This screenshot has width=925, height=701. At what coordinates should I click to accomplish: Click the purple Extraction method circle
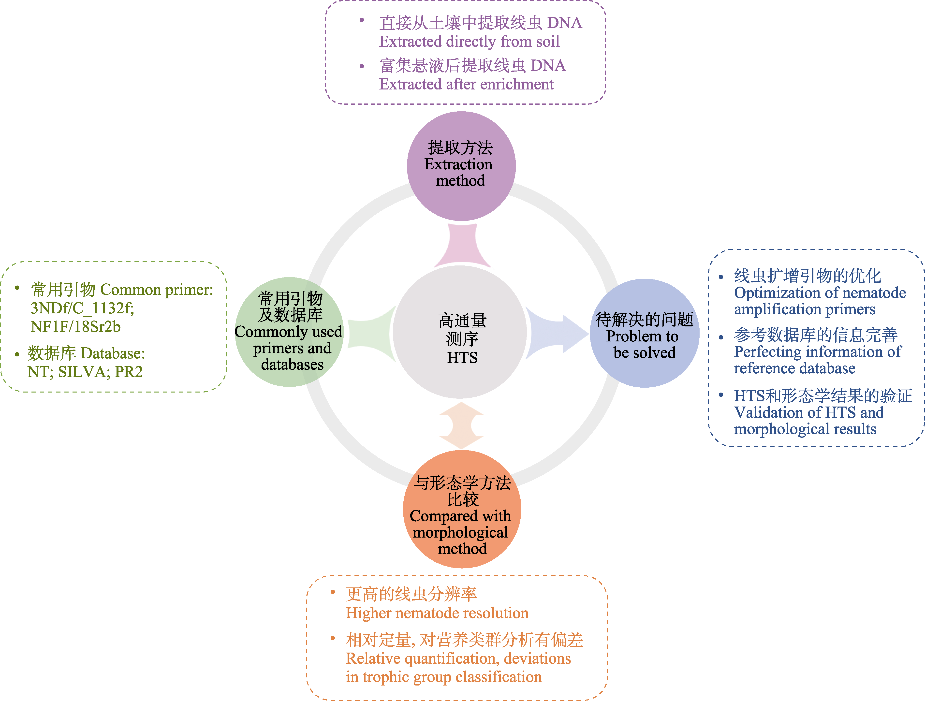[x=461, y=166]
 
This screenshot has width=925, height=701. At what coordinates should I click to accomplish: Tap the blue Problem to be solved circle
[x=645, y=333]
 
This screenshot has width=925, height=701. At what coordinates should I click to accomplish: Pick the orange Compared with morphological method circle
[x=462, y=509]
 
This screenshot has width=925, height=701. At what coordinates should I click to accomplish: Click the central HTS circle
[x=460, y=332]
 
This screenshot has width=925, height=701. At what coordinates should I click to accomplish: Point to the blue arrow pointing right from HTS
[x=556, y=333]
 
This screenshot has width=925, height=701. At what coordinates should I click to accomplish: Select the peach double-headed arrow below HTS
[x=462, y=425]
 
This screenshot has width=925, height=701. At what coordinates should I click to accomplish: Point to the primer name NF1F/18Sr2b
[x=76, y=327]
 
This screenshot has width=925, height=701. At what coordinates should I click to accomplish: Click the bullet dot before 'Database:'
[x=17, y=354]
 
